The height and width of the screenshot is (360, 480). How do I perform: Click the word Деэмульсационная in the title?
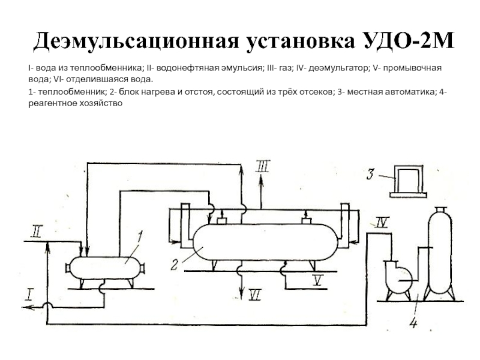tap(136, 41)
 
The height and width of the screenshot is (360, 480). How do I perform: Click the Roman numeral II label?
tap(36, 232)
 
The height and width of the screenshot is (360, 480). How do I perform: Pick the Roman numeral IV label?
tap(382, 222)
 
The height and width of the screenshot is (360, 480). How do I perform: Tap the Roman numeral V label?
tap(318, 280)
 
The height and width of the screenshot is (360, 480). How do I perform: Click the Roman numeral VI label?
tap(254, 295)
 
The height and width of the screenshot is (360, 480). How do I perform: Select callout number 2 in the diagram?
tap(174, 265)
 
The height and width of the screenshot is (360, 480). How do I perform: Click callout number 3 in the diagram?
tap(370, 174)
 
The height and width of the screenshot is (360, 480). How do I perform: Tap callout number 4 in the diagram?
tap(413, 322)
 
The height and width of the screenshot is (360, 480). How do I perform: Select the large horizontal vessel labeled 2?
tap(265, 242)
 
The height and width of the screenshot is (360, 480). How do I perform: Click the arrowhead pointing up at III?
tap(261, 181)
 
